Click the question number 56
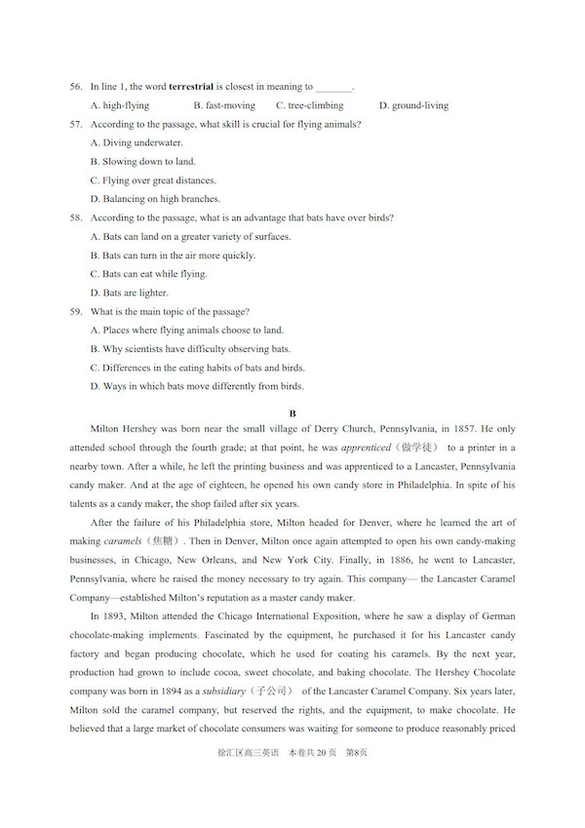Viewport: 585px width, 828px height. [x=75, y=87]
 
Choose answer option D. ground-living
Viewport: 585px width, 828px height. [x=413, y=105]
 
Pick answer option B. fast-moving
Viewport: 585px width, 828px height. [x=224, y=105]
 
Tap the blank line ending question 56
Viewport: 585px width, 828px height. [x=333, y=88]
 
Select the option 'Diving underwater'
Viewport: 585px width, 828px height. [x=136, y=142]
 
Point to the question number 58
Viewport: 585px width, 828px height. [x=75, y=217]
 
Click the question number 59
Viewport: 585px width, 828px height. [x=75, y=311]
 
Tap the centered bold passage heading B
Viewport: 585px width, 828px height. [x=292, y=414]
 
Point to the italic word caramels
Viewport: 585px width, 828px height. [x=124, y=541]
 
